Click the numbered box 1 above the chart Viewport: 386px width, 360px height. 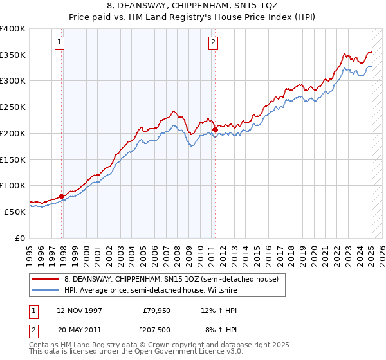[59, 43]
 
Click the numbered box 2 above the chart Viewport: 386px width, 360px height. [212, 43]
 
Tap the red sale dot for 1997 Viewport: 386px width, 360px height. [62, 196]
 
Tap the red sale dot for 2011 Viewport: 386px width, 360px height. [215, 129]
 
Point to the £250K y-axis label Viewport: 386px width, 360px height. [13, 107]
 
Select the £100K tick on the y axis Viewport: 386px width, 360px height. [13, 185]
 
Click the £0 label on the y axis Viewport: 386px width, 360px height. [19, 238]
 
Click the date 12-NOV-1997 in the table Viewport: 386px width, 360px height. [79, 310]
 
